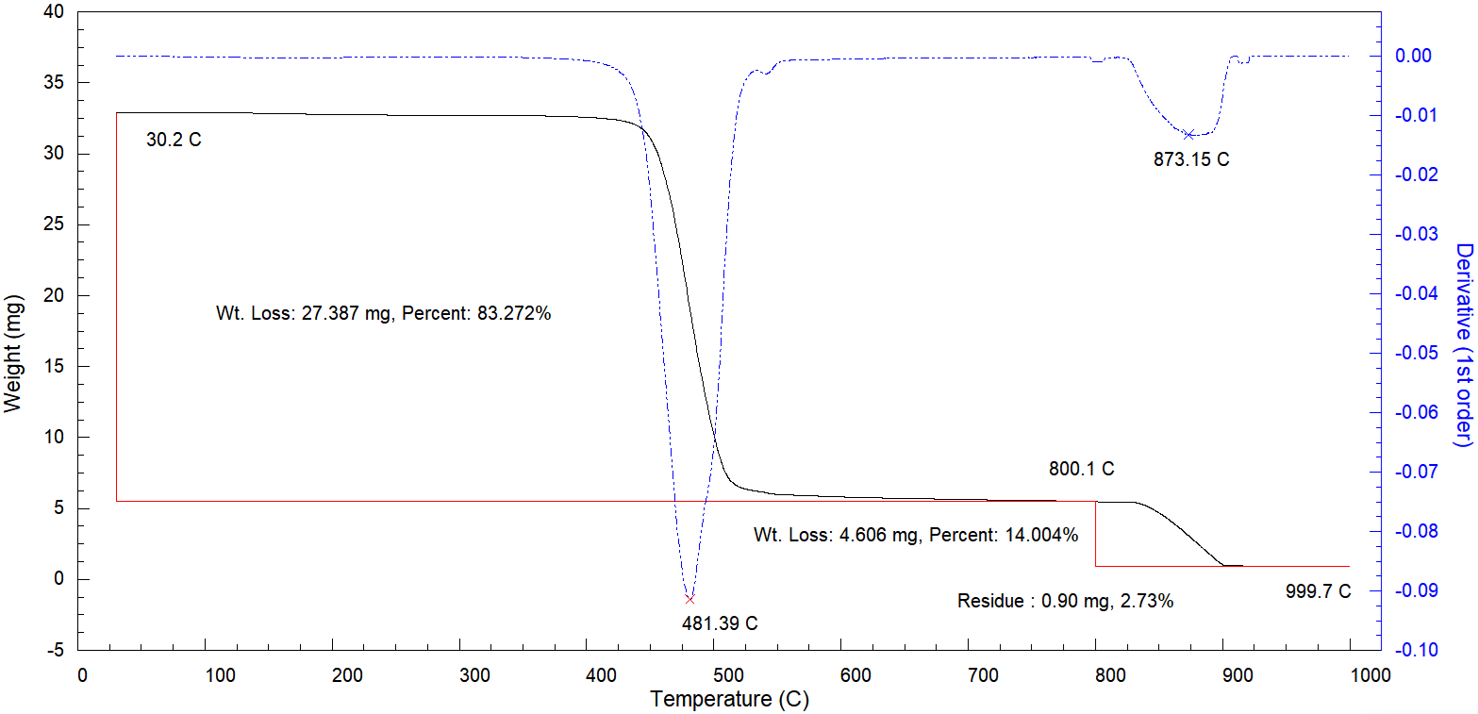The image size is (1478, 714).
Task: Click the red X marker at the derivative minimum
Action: click(x=689, y=599)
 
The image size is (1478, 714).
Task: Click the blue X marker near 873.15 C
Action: click(x=1189, y=135)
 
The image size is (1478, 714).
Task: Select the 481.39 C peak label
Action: click(x=720, y=623)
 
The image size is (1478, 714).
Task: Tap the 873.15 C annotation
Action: click(x=1191, y=159)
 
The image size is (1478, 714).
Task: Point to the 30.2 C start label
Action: click(x=174, y=141)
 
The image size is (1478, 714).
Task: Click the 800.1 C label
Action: click(x=1081, y=469)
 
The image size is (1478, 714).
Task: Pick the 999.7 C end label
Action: click(x=1318, y=591)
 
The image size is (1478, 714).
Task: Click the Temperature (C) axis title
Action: click(x=729, y=700)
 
